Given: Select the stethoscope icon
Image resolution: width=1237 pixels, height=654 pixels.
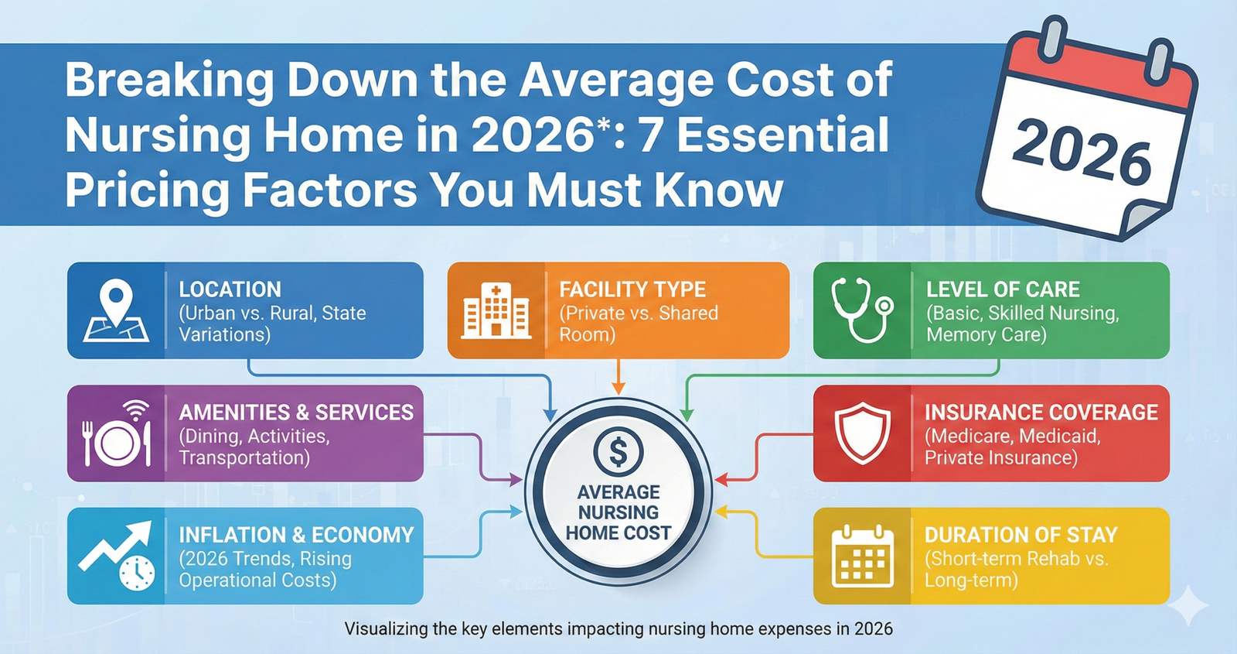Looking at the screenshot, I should coord(861,310).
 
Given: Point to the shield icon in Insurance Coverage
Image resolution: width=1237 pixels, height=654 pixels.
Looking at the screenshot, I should coord(862,433).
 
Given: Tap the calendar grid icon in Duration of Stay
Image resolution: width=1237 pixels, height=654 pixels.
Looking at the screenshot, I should coord(862,556).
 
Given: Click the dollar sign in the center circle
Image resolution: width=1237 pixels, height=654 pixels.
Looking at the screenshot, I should coord(618,451).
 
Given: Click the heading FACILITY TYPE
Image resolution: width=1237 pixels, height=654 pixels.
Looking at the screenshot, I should coord(632,289).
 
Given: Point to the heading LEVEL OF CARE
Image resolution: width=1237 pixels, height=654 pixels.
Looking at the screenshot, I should coord(1003,289).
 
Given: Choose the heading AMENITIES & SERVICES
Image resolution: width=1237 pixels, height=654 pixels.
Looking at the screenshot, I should coord(296,413).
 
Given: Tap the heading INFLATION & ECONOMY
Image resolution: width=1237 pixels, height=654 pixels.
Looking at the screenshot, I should coord(296,535).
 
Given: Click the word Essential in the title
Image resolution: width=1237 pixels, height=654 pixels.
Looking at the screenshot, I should coord(783,135).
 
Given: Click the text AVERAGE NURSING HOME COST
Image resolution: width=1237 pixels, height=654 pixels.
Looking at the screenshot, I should coord(618,512).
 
